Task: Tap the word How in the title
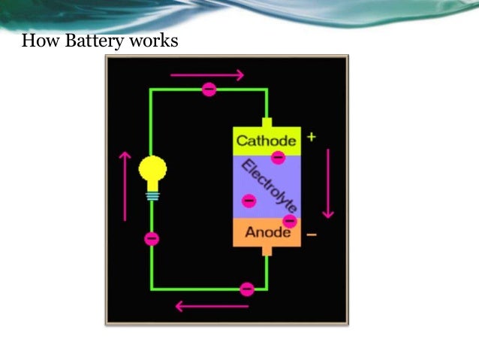[39, 40]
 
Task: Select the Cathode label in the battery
[267, 140]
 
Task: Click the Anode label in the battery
[267, 232]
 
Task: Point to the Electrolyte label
[270, 186]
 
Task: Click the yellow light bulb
[152, 170]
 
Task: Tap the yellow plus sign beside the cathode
[312, 138]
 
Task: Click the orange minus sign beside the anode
[312, 234]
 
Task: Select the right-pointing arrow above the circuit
[207, 74]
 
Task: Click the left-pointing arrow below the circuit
[212, 306]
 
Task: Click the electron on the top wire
[209, 89]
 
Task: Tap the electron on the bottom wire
[246, 289]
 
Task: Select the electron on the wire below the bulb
[152, 239]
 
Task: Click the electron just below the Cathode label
[278, 158]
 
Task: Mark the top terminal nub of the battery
[267, 122]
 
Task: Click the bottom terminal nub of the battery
[267, 251]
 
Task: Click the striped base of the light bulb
[152, 195]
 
